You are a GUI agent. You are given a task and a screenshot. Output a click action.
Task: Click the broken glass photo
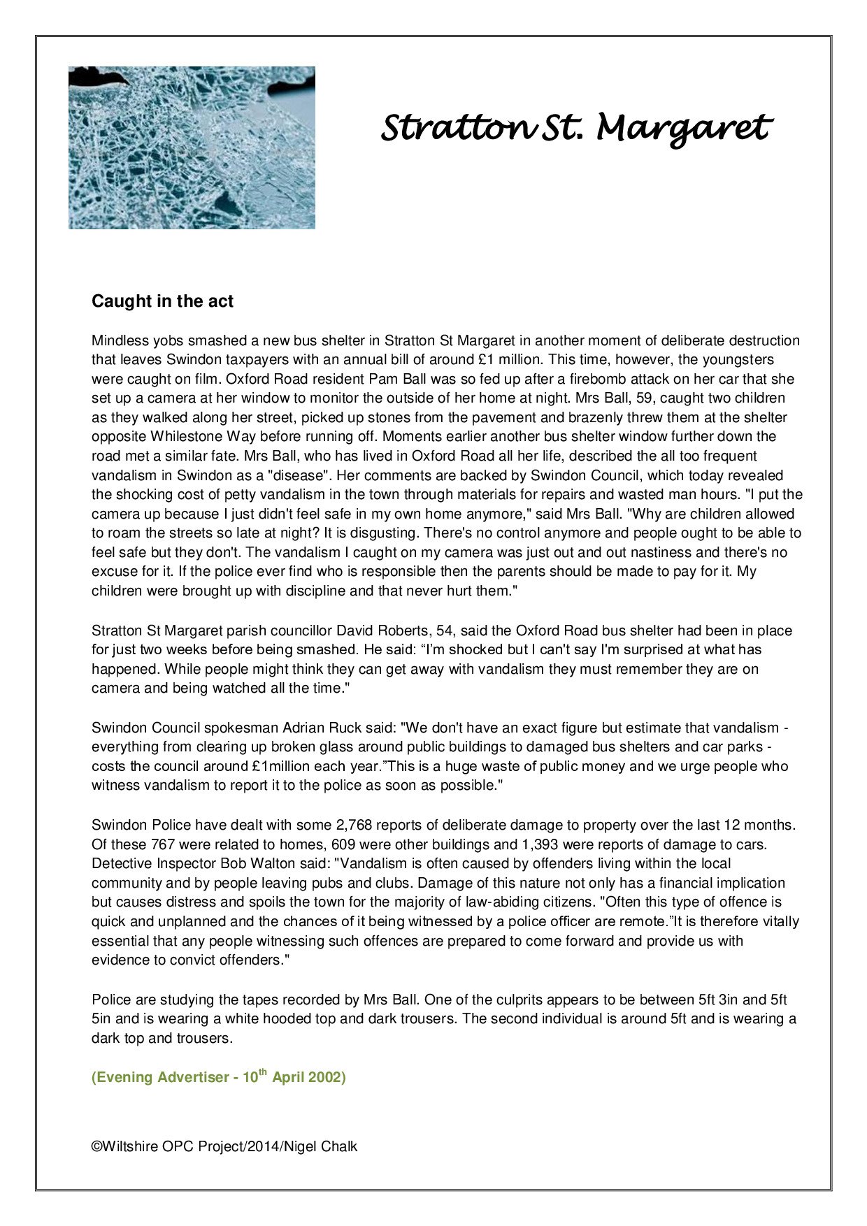tap(192, 147)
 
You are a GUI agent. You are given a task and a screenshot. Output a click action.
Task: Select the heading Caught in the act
tap(162, 301)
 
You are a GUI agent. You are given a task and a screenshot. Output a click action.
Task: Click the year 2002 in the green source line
tap(327, 1077)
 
